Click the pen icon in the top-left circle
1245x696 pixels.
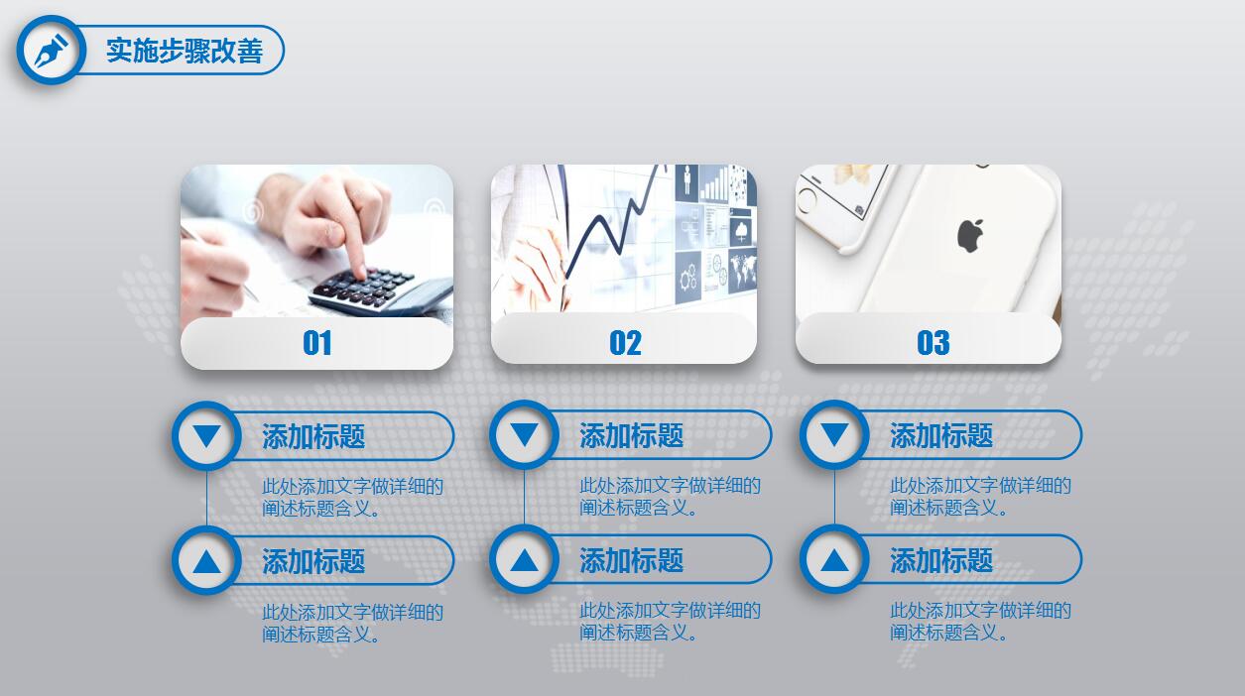[x=50, y=50]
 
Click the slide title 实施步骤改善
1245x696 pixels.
[x=185, y=51]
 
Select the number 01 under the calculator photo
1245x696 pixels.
[x=317, y=343]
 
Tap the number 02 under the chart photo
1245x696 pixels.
[x=625, y=343]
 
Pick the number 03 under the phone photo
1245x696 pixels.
[x=933, y=343]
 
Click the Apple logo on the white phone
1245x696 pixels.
[x=969, y=236]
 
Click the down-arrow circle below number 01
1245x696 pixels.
[x=206, y=435]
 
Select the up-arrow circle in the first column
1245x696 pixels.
[x=206, y=561]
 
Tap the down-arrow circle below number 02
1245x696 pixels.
[x=524, y=434]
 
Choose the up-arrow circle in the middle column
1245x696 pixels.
[x=524, y=560]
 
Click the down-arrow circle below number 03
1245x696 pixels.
[x=834, y=434]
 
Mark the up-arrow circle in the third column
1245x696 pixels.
[x=834, y=560]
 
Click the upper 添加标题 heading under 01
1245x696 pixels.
[x=313, y=436]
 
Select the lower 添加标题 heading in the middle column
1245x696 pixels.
[x=631, y=560]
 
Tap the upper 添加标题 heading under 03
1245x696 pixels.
[x=941, y=435]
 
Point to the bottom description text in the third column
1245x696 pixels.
[x=979, y=622]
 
